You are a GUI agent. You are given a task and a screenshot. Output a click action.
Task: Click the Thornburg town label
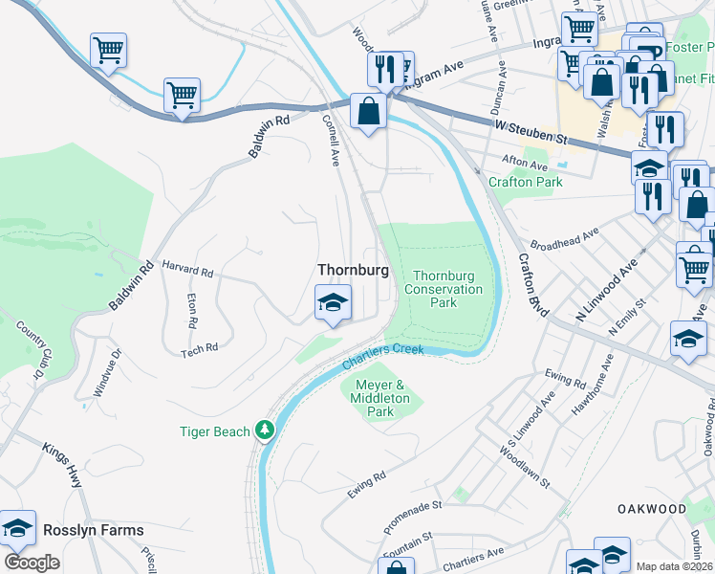click(353, 271)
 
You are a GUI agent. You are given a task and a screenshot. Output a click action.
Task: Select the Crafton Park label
click(525, 182)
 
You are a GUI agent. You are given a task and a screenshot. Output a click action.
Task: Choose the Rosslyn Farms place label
click(93, 530)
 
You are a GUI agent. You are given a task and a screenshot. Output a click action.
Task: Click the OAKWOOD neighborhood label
click(651, 508)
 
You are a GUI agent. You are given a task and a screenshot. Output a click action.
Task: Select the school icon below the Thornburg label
click(333, 304)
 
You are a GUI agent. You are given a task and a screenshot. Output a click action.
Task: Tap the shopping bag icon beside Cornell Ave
click(368, 112)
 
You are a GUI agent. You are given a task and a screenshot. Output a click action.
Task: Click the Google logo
click(32, 563)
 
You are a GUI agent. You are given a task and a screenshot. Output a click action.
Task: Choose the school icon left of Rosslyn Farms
click(18, 528)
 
